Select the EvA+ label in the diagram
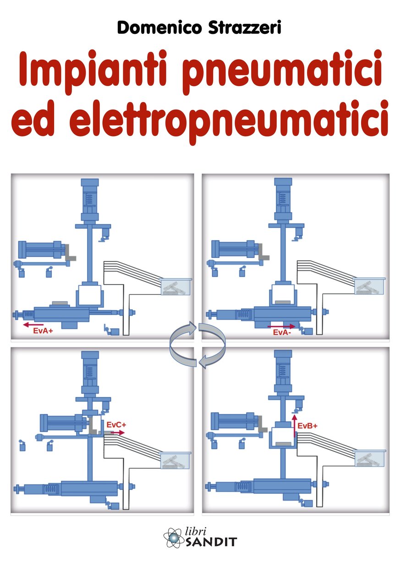click(x=44, y=331)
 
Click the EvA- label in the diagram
click(x=281, y=333)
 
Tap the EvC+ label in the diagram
click(x=116, y=425)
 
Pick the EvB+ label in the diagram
click(x=308, y=426)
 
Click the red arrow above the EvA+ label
click(x=33, y=325)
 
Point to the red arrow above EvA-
click(x=281, y=326)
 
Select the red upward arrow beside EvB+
click(x=295, y=426)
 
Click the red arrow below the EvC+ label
click(x=118, y=432)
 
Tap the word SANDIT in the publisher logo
click(x=211, y=542)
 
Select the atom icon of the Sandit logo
click(x=174, y=537)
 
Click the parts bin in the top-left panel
click(x=175, y=287)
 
